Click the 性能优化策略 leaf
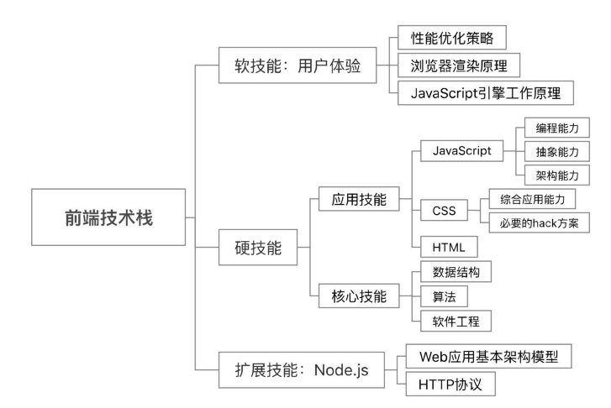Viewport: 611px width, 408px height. (x=451, y=38)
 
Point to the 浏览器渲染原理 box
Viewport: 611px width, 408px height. (x=459, y=65)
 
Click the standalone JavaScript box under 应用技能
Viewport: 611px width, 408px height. (x=460, y=151)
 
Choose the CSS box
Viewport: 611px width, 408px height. (x=443, y=210)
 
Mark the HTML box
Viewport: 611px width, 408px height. (x=448, y=247)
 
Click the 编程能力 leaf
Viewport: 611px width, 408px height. (x=556, y=128)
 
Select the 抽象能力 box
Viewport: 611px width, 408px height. (x=556, y=151)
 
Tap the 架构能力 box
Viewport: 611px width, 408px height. (x=556, y=175)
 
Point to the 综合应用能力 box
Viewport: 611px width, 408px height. (x=538, y=199)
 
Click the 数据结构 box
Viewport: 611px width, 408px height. (x=456, y=272)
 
